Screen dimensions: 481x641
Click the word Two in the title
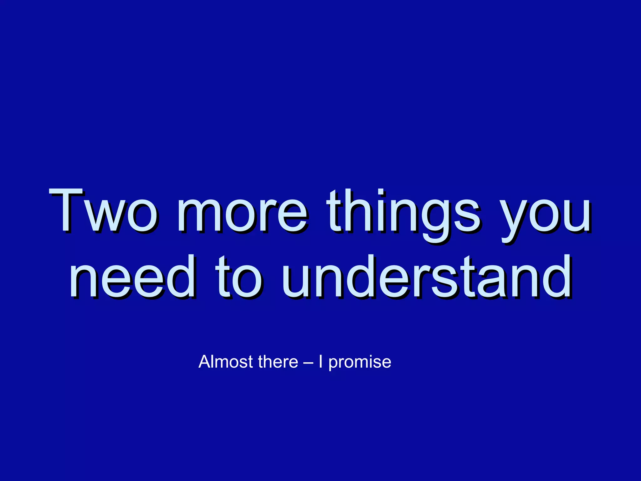point(103,210)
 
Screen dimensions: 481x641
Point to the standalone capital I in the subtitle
point(320,362)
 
